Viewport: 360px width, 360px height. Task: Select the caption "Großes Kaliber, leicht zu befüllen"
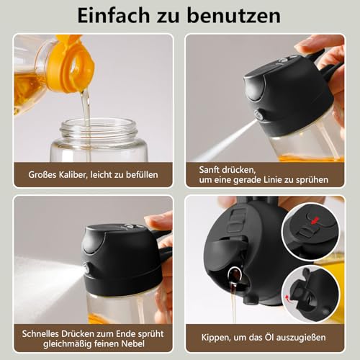(93, 174)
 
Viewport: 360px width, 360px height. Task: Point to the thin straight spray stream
(223, 140)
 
